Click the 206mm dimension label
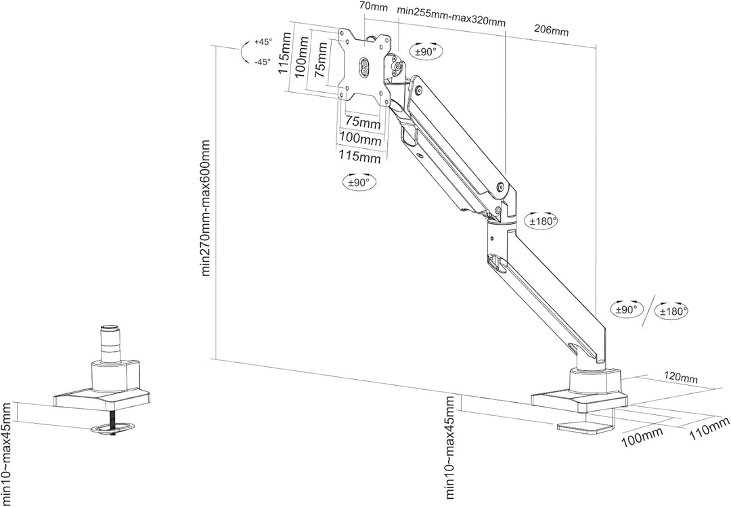(551, 30)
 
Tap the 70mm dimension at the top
(374, 7)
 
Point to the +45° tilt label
(263, 42)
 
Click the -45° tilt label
(263, 62)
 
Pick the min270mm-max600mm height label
(206, 208)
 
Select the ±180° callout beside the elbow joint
(543, 221)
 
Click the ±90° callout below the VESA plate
(359, 182)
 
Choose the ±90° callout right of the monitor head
(426, 51)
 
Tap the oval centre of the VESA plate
(362, 67)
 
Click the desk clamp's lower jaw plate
(586, 426)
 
